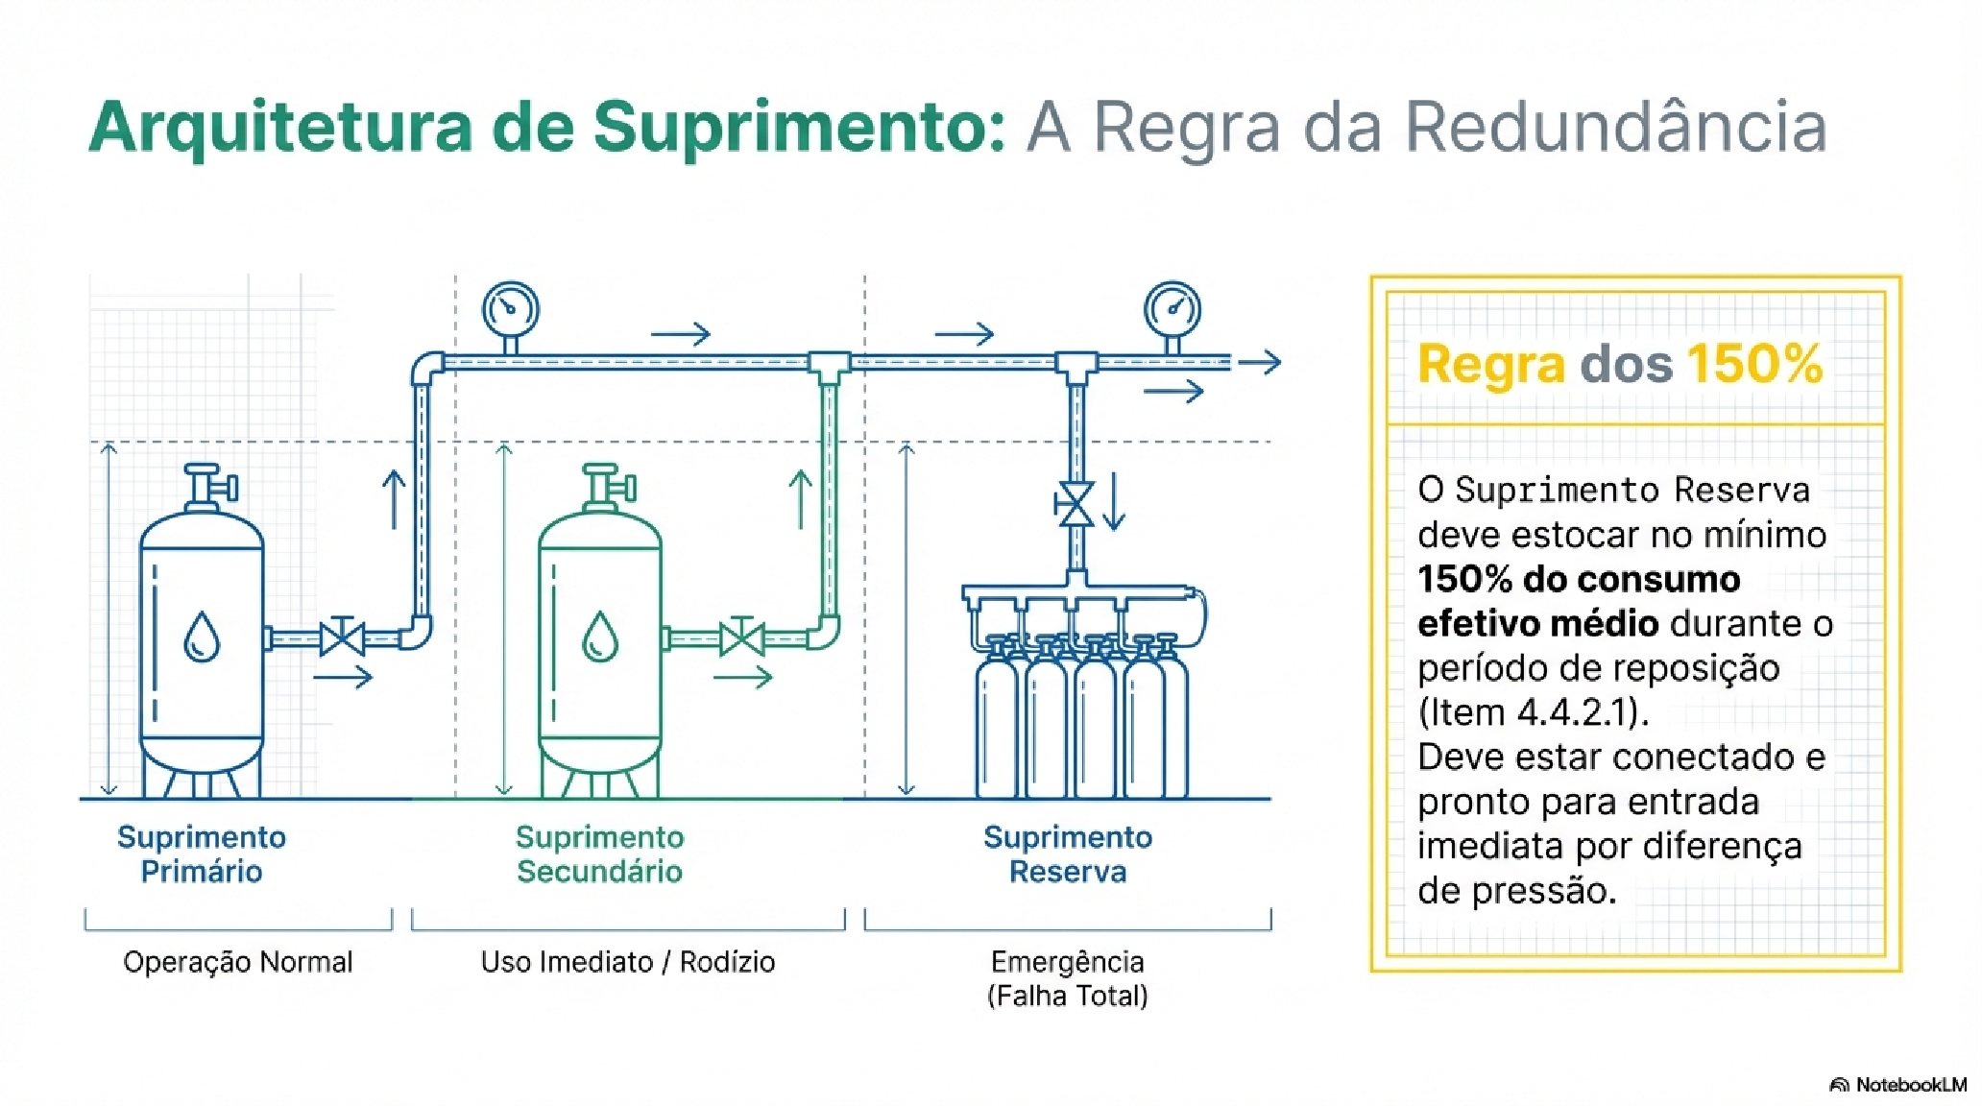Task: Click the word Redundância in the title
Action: coord(1615,127)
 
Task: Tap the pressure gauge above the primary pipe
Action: coord(510,309)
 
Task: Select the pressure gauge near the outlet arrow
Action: coord(1172,309)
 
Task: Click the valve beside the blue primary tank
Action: coord(342,637)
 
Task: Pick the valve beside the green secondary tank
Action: coord(741,637)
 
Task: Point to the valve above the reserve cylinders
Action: coord(1075,505)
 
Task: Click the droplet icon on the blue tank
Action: coord(202,637)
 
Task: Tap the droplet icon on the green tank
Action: coord(600,637)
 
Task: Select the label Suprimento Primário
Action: coord(202,854)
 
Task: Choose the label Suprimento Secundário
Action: coord(600,854)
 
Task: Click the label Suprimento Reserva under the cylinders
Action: coord(1067,854)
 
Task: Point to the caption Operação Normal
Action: coord(238,962)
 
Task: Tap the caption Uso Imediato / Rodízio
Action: coord(628,962)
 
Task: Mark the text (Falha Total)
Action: coord(1067,996)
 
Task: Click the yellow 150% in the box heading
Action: coord(1754,364)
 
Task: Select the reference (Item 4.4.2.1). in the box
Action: coord(1533,712)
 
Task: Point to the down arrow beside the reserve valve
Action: coord(1114,501)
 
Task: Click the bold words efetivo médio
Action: coord(1537,624)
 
